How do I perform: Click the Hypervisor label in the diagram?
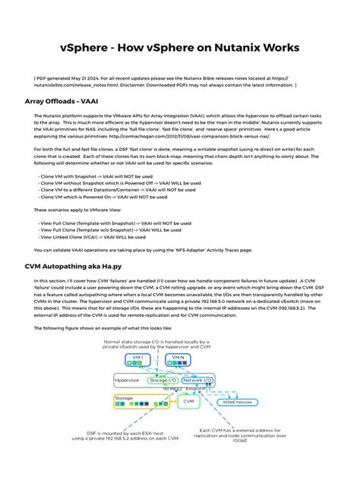pos(127,379)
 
